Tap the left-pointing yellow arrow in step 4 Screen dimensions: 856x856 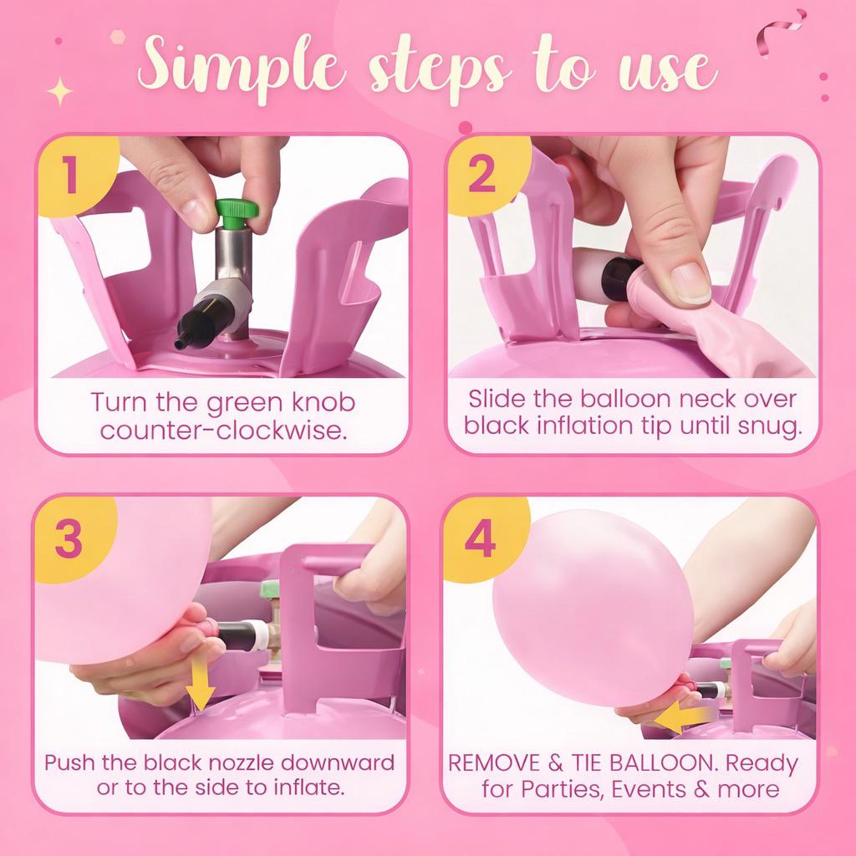(x=683, y=716)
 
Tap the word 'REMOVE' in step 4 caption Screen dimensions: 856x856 (x=494, y=762)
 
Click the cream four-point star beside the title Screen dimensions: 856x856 (x=60, y=91)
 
